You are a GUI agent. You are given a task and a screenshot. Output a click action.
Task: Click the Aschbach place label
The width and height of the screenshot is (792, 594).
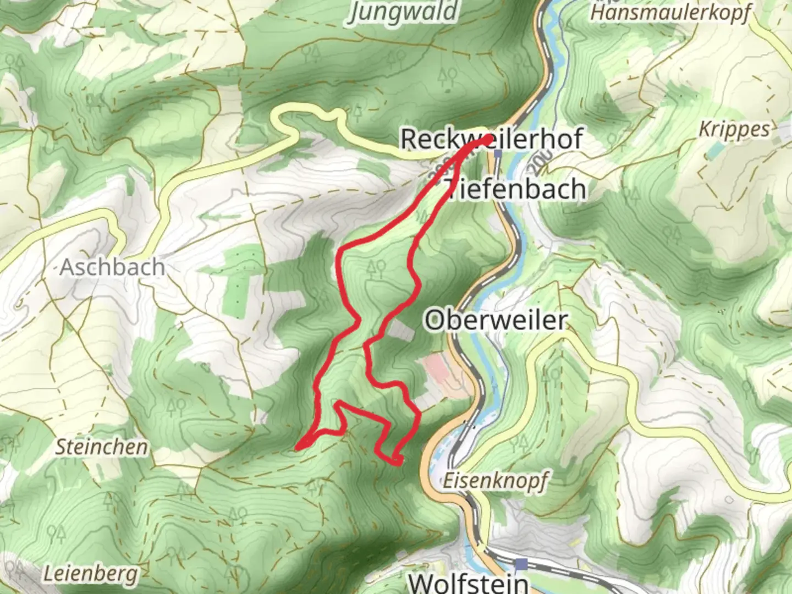tap(112, 267)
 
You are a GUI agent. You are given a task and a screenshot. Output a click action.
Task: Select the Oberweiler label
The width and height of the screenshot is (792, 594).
tap(496, 320)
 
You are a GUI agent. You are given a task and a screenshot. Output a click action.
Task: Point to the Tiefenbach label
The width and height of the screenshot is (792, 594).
tap(515, 189)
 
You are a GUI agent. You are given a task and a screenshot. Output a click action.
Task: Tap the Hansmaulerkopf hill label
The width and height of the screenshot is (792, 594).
tap(670, 12)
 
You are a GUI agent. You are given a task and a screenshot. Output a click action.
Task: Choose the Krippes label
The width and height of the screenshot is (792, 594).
tap(734, 130)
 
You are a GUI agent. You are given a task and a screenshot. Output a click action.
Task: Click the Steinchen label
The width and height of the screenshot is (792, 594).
tap(102, 447)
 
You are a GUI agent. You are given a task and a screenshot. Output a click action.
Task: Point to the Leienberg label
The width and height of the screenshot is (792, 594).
tap(91, 574)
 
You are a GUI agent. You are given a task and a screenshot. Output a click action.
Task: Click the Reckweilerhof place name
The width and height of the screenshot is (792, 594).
tap(491, 139)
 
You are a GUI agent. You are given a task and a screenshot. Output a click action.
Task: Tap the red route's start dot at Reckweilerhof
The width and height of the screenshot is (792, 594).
tap(488, 139)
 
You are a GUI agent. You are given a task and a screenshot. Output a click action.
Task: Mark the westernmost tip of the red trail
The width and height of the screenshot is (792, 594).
tap(298, 448)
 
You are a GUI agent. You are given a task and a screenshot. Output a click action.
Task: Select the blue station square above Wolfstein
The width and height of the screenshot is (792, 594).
tap(521, 564)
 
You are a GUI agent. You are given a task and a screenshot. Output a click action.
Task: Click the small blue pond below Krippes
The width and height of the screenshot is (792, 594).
tap(715, 150)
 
